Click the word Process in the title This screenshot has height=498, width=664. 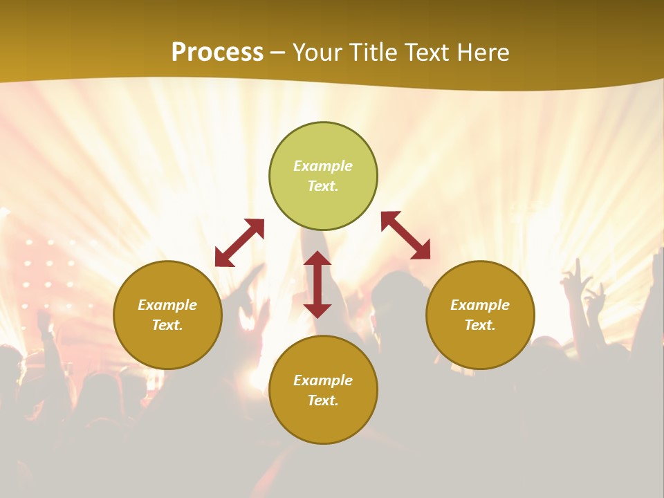tap(217, 52)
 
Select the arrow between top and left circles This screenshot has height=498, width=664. tap(239, 243)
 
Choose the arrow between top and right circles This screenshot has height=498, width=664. tap(405, 235)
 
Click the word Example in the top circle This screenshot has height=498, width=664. tap(323, 166)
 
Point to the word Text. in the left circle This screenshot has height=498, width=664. tap(167, 325)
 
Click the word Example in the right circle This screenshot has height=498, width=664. tap(480, 305)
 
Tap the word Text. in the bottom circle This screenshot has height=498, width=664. tap(323, 400)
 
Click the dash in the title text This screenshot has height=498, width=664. tap(278, 53)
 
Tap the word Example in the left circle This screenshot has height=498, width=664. tap(167, 305)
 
